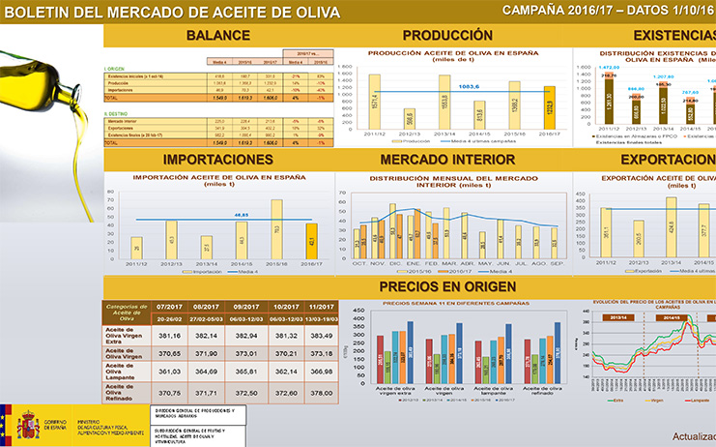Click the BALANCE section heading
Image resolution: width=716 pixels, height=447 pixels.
pos(218,36)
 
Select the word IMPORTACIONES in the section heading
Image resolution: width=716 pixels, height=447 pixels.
pos(218,159)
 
